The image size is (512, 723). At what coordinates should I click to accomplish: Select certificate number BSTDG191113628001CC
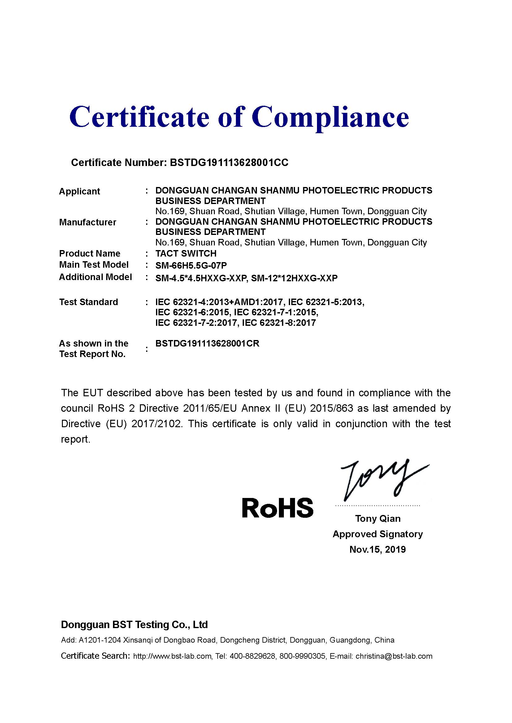(x=229, y=163)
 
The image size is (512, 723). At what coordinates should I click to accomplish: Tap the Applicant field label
(x=80, y=191)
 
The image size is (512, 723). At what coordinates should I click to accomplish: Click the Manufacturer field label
(x=88, y=222)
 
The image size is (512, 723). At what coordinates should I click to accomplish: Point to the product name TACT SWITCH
(x=186, y=253)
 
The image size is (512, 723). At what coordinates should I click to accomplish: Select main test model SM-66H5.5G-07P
(x=191, y=266)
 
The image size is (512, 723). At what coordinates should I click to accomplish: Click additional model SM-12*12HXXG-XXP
(x=294, y=279)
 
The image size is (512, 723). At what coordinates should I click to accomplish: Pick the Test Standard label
(x=89, y=302)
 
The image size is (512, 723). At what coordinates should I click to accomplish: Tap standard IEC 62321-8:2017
(x=279, y=323)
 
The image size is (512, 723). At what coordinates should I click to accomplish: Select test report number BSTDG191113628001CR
(x=207, y=343)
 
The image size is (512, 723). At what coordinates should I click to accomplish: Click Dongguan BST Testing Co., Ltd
(x=134, y=625)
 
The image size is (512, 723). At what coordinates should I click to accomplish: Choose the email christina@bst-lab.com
(x=394, y=656)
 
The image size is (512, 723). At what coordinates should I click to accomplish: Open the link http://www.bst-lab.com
(x=172, y=656)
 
